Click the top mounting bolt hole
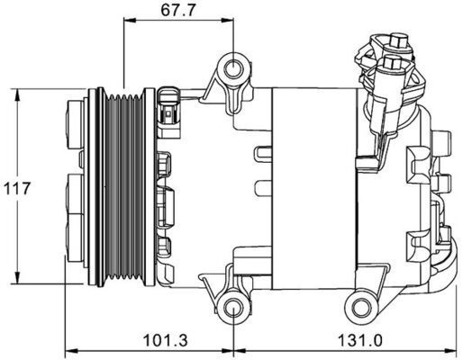pyautogui.click(x=232, y=69)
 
